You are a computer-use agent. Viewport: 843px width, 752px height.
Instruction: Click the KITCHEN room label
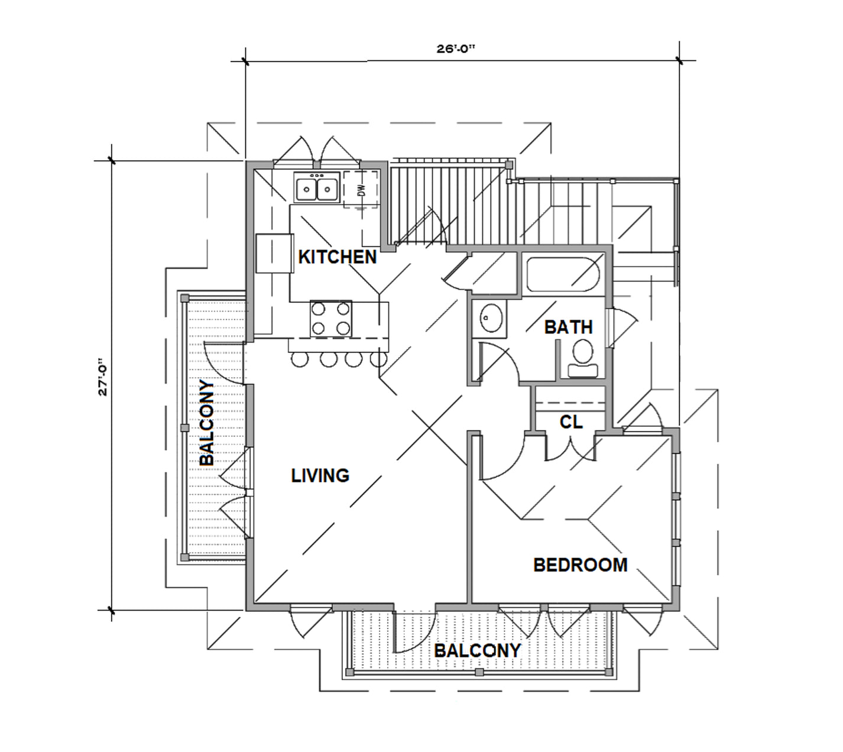tap(337, 257)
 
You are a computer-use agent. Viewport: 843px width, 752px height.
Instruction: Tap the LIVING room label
tap(320, 475)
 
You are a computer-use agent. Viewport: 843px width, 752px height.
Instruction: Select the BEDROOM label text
tap(580, 565)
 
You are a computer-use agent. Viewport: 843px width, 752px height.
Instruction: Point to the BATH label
tap(568, 327)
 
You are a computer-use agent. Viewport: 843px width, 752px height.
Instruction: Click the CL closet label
tap(571, 422)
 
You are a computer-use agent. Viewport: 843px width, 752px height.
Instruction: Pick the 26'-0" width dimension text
tap(456, 50)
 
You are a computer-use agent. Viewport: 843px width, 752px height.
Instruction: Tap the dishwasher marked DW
tap(361, 190)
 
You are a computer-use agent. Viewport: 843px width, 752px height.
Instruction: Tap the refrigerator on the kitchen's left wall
tap(274, 253)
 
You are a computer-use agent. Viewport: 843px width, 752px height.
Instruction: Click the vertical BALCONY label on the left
tap(206, 423)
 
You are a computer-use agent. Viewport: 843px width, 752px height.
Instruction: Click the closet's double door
tap(569, 448)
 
